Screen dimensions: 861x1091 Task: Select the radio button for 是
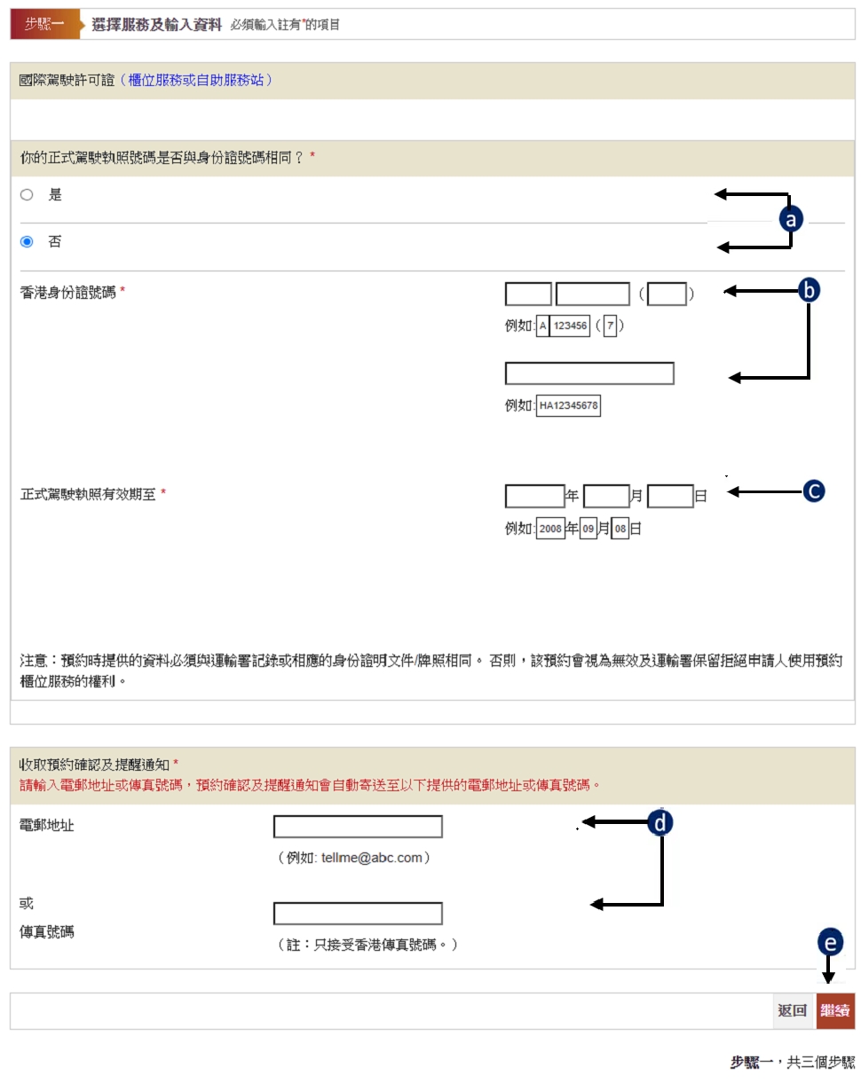(x=27, y=194)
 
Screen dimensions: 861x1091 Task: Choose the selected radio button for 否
(x=27, y=242)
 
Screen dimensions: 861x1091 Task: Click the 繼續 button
(x=834, y=1010)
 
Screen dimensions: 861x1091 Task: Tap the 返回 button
(x=792, y=1010)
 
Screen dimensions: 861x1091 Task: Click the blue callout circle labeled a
(x=791, y=219)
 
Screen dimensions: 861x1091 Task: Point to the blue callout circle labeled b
(x=809, y=290)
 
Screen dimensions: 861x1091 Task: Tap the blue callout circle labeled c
(x=814, y=491)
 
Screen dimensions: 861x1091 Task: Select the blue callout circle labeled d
(x=660, y=822)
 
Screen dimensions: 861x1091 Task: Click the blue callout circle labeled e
(x=830, y=942)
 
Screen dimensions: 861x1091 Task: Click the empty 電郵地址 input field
(x=358, y=827)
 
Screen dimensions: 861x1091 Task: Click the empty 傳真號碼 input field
(x=358, y=913)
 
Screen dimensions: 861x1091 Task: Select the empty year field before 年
(x=534, y=496)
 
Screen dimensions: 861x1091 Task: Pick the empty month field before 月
(x=606, y=496)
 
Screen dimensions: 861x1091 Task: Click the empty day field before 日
(x=670, y=496)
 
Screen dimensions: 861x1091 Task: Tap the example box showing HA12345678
(x=568, y=405)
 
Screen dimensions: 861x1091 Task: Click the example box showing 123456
(x=570, y=326)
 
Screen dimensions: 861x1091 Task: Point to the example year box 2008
(x=550, y=529)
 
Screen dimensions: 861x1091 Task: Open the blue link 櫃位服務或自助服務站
(x=196, y=80)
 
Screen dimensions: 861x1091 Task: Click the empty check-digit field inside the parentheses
(x=667, y=294)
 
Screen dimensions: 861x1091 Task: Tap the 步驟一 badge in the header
(x=44, y=24)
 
